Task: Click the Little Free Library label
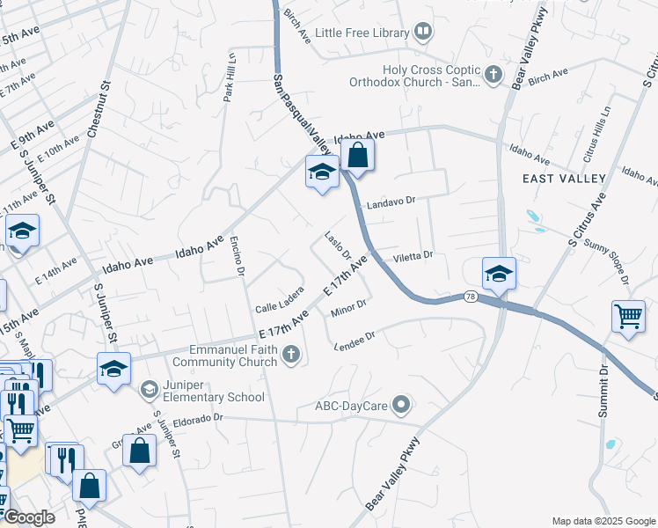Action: pos(362,33)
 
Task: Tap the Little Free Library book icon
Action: pos(423,33)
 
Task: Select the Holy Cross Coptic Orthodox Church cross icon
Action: pos(493,76)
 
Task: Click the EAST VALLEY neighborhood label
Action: pos(564,179)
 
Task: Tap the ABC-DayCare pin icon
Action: pos(402,406)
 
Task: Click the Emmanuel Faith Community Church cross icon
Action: pos(293,356)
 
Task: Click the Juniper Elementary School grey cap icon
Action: pos(149,388)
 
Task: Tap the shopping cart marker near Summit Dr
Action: pos(628,317)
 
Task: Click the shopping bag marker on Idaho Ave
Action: pos(357,156)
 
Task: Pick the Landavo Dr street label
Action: pos(391,201)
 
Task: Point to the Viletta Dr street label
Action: pos(413,256)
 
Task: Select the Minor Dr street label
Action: pos(348,309)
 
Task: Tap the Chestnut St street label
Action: pos(99,110)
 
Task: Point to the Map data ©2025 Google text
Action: pos(603,520)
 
